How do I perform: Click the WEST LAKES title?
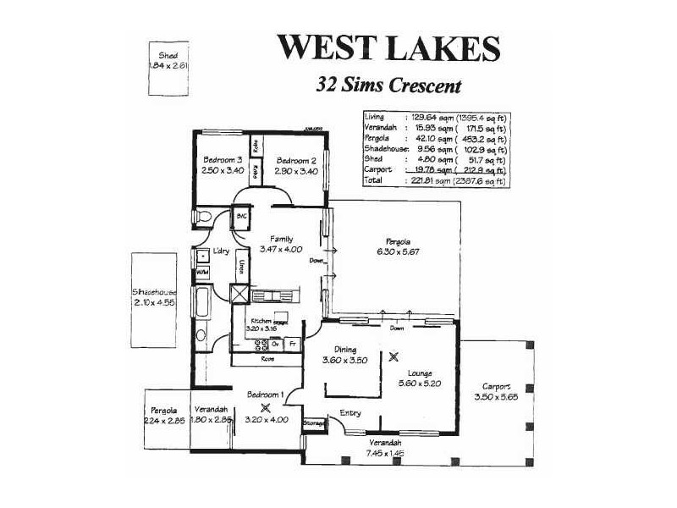(388, 47)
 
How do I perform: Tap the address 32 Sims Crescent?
(388, 85)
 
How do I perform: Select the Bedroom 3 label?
(223, 160)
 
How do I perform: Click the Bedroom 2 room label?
(296, 160)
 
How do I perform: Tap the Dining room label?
(345, 350)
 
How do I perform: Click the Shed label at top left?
(168, 56)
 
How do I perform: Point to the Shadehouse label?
(153, 290)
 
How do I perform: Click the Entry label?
(350, 412)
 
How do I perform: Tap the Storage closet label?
(315, 422)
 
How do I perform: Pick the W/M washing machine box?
(202, 273)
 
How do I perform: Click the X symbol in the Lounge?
(393, 357)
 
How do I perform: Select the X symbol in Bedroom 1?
(265, 406)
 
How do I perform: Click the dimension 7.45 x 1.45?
(385, 453)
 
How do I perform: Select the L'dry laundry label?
(222, 251)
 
